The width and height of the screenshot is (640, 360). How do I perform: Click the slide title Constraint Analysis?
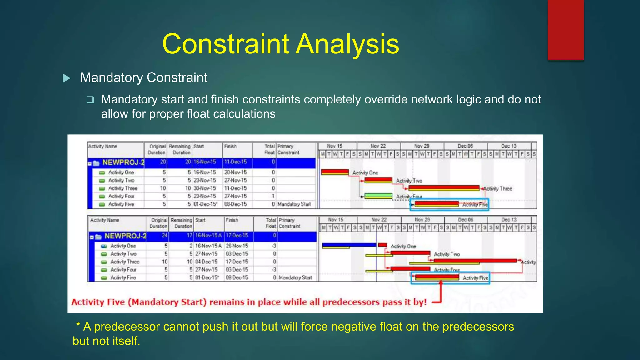[x=280, y=44]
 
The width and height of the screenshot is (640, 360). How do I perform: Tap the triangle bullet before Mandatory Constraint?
[x=67, y=78]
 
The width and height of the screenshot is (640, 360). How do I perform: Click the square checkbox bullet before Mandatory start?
[x=90, y=100]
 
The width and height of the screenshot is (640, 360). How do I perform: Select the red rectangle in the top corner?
[x=566, y=30]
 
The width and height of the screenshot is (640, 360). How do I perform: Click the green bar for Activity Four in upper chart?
[x=378, y=196]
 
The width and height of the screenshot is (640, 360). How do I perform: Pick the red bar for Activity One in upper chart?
[x=335, y=172]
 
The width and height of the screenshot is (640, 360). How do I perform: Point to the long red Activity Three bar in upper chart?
[x=444, y=188]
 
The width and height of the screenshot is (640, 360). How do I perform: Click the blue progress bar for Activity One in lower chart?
[x=349, y=245]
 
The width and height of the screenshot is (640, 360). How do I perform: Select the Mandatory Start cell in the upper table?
[x=294, y=204]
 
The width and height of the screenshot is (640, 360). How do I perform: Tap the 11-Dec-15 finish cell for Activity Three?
[x=235, y=188]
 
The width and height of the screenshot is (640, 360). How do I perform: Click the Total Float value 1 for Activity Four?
[x=273, y=196]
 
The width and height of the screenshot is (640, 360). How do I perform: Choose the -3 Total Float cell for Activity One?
[x=274, y=246]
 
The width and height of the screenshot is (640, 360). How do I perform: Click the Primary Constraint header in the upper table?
[x=288, y=149]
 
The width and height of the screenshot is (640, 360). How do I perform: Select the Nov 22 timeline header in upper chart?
[x=378, y=146]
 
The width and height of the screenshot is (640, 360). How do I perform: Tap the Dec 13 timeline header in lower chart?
[x=509, y=220]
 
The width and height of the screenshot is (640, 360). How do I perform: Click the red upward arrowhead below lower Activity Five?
[x=441, y=283]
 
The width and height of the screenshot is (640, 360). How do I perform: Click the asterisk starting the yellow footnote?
[x=78, y=325]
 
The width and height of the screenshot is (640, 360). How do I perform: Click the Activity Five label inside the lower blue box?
[x=475, y=278]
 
